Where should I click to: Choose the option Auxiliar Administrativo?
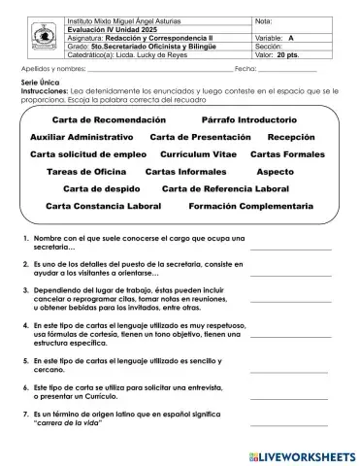[82, 137]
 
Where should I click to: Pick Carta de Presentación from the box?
[200, 137]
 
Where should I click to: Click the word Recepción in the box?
[291, 137]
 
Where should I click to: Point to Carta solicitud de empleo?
[87, 154]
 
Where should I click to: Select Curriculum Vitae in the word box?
[198, 154]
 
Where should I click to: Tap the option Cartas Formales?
[287, 154]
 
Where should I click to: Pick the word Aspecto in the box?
[275, 171]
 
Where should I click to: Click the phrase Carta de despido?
[101, 188]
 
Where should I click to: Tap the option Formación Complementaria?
[251, 206]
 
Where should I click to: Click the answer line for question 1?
[290, 248]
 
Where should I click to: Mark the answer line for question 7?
[290, 424]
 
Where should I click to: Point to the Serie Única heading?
[39, 84]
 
